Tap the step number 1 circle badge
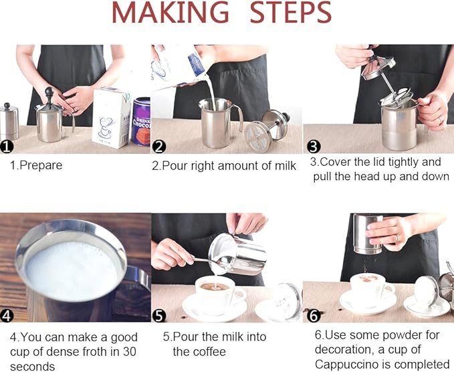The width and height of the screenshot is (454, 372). coord(7,145)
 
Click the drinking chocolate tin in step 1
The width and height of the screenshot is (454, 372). coord(141,120)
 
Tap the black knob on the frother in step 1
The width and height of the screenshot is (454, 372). coord(49,92)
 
